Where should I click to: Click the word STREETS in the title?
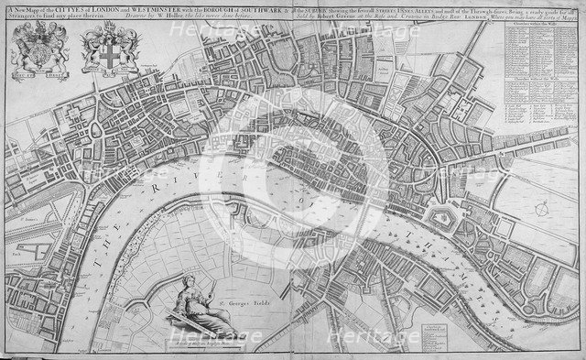click(x=364, y=11)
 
